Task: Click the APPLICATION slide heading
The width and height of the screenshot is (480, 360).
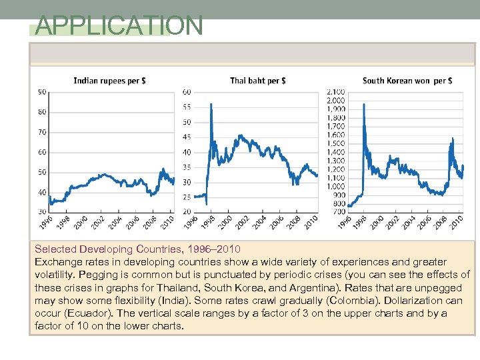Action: (x=119, y=26)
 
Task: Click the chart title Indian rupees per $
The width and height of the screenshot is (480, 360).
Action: (x=110, y=81)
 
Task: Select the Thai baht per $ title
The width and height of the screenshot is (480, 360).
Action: (x=258, y=81)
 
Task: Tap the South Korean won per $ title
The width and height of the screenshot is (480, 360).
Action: (x=407, y=81)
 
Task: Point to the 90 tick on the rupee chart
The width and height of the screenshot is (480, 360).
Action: (x=42, y=91)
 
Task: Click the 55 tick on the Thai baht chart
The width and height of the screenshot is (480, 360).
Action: (x=187, y=107)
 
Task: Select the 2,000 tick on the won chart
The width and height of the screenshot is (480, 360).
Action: (x=336, y=100)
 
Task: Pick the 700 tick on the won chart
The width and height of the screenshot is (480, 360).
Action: (x=339, y=211)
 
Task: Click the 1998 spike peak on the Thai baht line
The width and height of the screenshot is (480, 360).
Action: (x=211, y=104)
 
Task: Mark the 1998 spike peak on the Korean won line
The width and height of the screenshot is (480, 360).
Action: (x=363, y=127)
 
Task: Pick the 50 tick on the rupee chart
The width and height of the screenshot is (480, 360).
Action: (x=42, y=172)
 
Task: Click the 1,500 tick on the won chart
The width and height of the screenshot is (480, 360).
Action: (x=336, y=143)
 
